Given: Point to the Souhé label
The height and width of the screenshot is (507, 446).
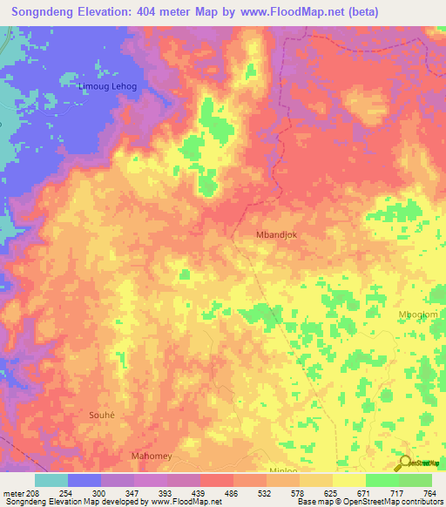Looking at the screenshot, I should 102,415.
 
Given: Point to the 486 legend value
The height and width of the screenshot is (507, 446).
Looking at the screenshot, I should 233,493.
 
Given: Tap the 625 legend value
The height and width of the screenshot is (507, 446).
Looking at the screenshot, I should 332,493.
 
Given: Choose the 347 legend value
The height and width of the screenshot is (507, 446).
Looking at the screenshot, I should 133,493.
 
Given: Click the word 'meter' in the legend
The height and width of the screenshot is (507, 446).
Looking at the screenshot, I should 13,493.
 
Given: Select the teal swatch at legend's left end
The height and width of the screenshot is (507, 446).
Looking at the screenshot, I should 51,480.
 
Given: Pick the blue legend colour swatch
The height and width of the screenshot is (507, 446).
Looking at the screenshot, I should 84,480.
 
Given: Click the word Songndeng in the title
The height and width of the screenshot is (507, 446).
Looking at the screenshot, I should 49,12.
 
